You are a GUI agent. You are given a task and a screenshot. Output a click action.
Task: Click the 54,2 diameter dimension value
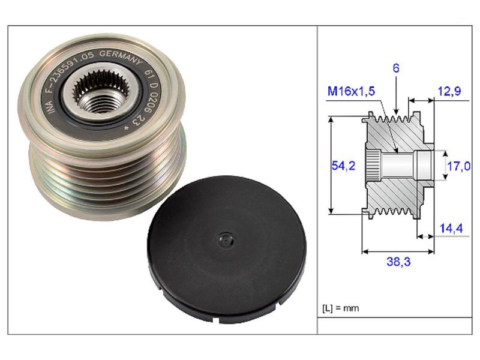[343, 166]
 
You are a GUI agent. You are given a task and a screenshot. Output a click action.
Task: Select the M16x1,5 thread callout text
[351, 91]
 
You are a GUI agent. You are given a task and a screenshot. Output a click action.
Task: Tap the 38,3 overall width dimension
[398, 262]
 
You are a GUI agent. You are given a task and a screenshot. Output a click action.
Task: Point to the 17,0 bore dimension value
[458, 166]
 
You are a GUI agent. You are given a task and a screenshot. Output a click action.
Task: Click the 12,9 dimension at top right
[449, 91]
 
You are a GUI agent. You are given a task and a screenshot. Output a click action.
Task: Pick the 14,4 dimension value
[451, 228]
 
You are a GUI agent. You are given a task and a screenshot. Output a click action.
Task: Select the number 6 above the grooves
[396, 68]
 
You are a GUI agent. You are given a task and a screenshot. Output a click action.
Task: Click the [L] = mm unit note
[340, 308]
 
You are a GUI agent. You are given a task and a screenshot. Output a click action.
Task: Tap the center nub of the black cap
[226, 241]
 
